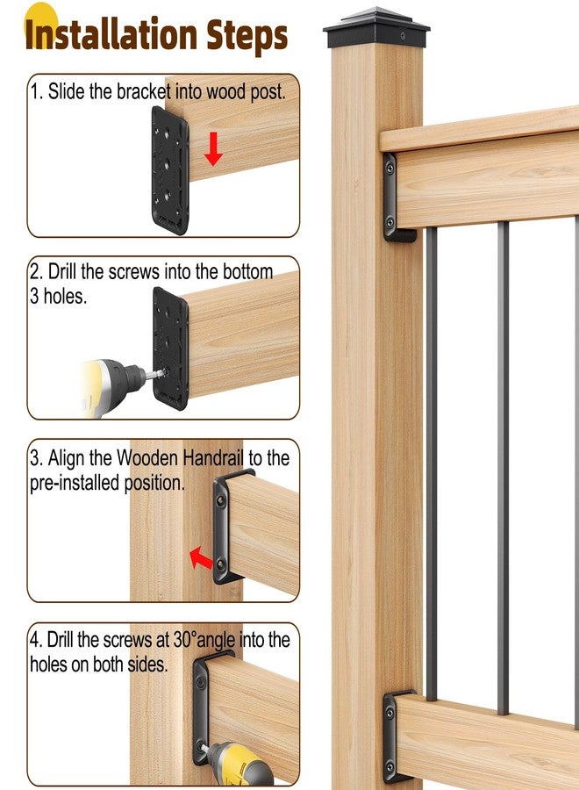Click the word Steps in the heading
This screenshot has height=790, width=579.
(x=247, y=35)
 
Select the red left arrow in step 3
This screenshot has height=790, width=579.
(x=201, y=557)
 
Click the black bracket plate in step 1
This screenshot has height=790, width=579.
(x=170, y=170)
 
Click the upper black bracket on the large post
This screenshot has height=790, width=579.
(x=390, y=197)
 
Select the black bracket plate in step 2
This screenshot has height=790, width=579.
(x=170, y=348)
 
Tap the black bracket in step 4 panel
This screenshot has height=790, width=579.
(x=203, y=711)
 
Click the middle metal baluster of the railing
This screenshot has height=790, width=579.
(x=502, y=465)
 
